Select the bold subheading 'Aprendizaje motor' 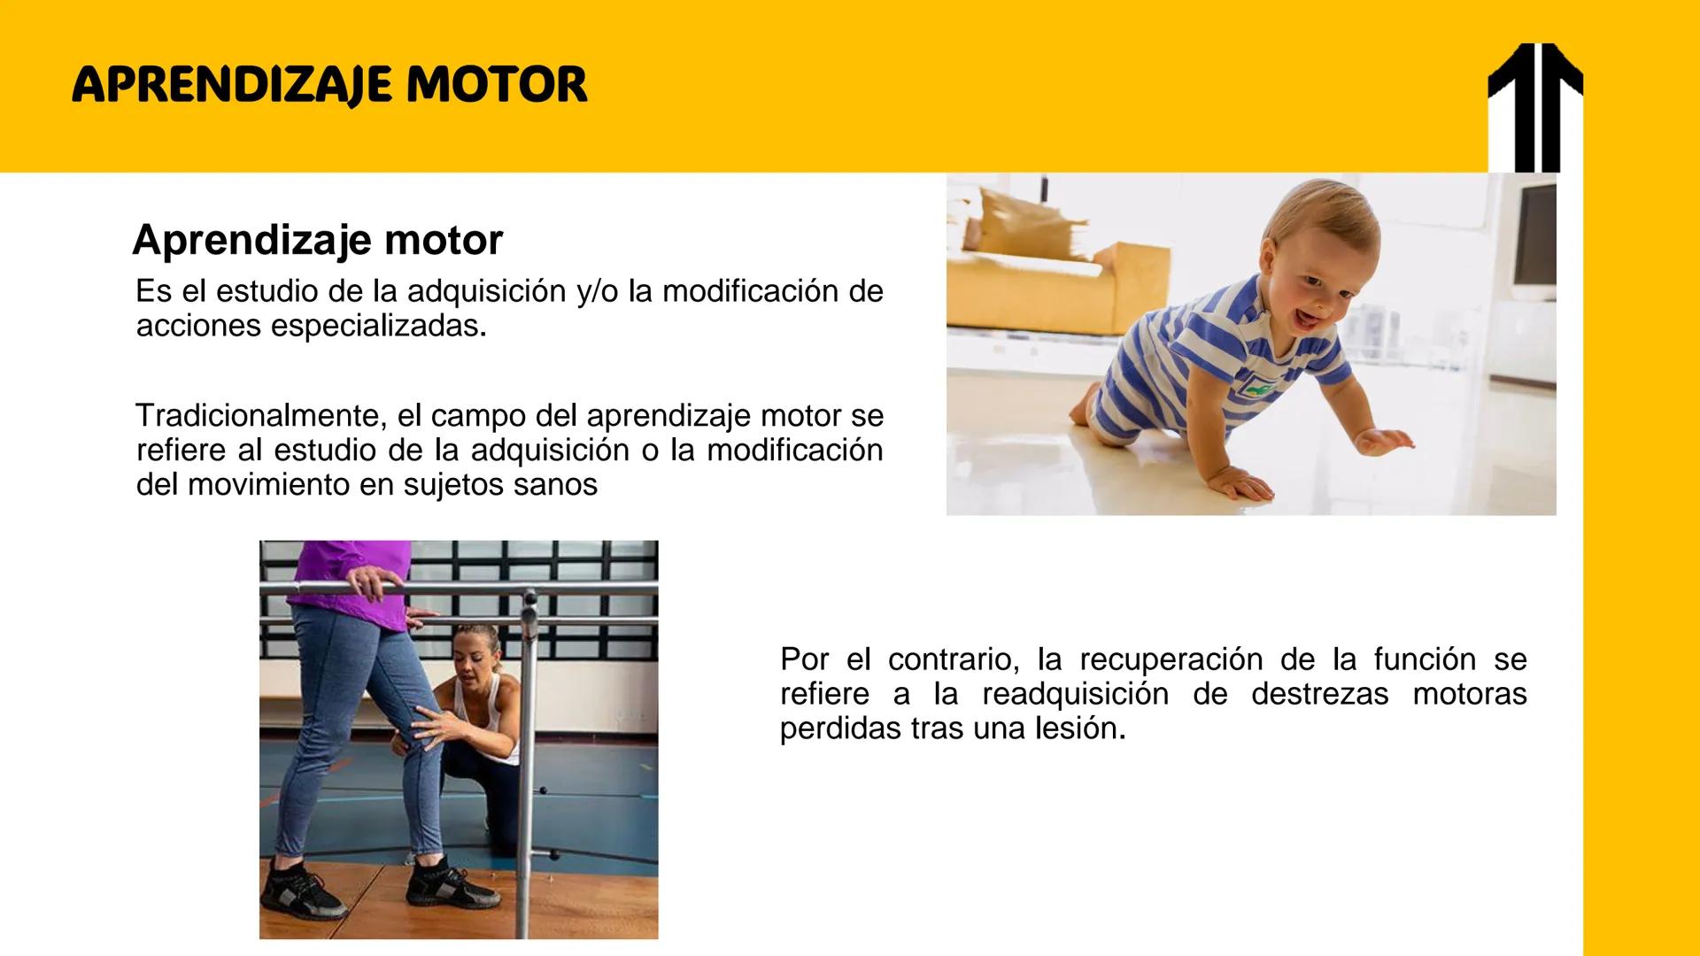(x=318, y=240)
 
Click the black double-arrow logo (x=1535, y=107)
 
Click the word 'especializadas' (x=378, y=327)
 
